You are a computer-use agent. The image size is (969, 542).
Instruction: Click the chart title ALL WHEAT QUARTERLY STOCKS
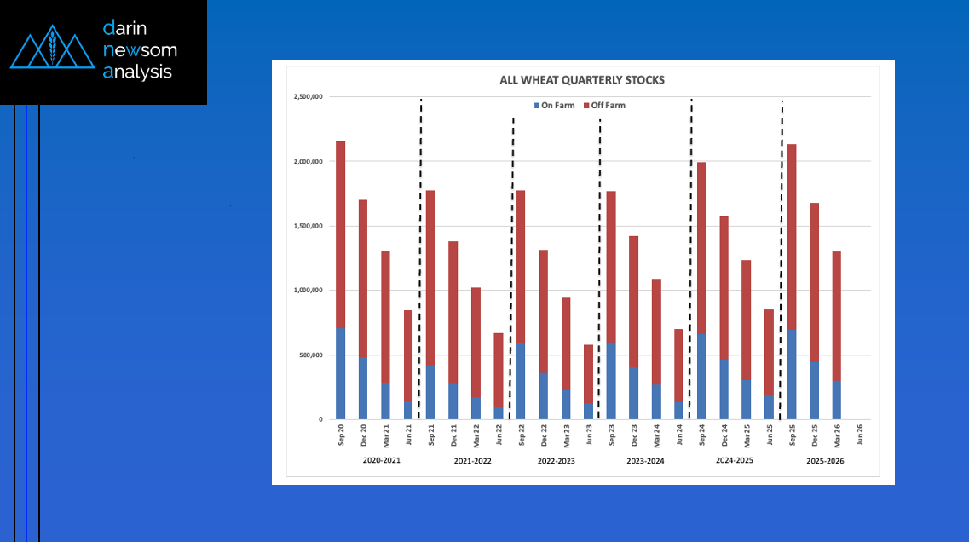pyautogui.click(x=582, y=80)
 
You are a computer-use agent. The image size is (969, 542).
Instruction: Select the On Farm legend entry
pyautogui.click(x=554, y=106)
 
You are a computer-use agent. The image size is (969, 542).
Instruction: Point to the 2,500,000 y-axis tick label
pyautogui.click(x=307, y=97)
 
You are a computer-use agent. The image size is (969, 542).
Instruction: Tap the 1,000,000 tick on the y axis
pyautogui.click(x=307, y=291)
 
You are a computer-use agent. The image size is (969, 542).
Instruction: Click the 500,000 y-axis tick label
pyautogui.click(x=310, y=355)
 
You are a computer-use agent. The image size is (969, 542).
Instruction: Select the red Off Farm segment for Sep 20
pyautogui.click(x=341, y=234)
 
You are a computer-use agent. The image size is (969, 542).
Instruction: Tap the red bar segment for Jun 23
pyautogui.click(x=589, y=374)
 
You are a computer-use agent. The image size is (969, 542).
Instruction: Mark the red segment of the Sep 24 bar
pyautogui.click(x=701, y=247)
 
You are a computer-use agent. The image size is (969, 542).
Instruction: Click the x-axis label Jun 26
pyautogui.click(x=859, y=434)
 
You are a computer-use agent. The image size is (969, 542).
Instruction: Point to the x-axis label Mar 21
pyautogui.click(x=386, y=434)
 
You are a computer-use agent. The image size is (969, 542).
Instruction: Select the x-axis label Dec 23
pyautogui.click(x=634, y=434)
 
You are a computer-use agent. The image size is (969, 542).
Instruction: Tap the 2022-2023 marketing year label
pyautogui.click(x=556, y=461)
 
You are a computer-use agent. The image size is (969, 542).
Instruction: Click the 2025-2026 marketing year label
pyautogui.click(x=825, y=461)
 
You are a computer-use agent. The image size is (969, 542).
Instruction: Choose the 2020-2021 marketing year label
pyautogui.click(x=381, y=461)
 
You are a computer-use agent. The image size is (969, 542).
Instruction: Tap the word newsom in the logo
pyautogui.click(x=140, y=50)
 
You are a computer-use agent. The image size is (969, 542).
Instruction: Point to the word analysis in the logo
pyautogui.click(x=137, y=72)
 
